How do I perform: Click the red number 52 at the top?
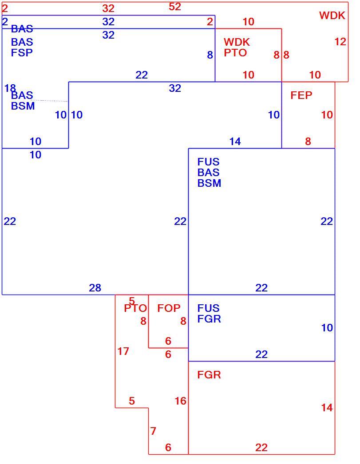[174, 7]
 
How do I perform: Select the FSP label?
[22, 53]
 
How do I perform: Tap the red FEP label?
[301, 95]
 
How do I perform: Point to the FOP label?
[169, 308]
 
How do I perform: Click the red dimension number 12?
[340, 42]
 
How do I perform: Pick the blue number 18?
[10, 88]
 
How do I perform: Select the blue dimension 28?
[95, 287]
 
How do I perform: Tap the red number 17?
[123, 351]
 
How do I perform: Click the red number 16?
[180, 401]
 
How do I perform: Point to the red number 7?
[153, 431]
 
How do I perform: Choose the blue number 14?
[235, 142]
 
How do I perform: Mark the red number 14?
[327, 408]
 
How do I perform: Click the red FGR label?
[209, 375]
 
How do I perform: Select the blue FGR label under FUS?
[209, 319]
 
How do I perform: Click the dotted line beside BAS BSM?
[49, 101]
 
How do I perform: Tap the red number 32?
[108, 8]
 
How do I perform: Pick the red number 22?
[261, 448]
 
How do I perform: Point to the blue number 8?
[210, 55]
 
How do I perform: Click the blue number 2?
[5, 22]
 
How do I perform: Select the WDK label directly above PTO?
[237, 42]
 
